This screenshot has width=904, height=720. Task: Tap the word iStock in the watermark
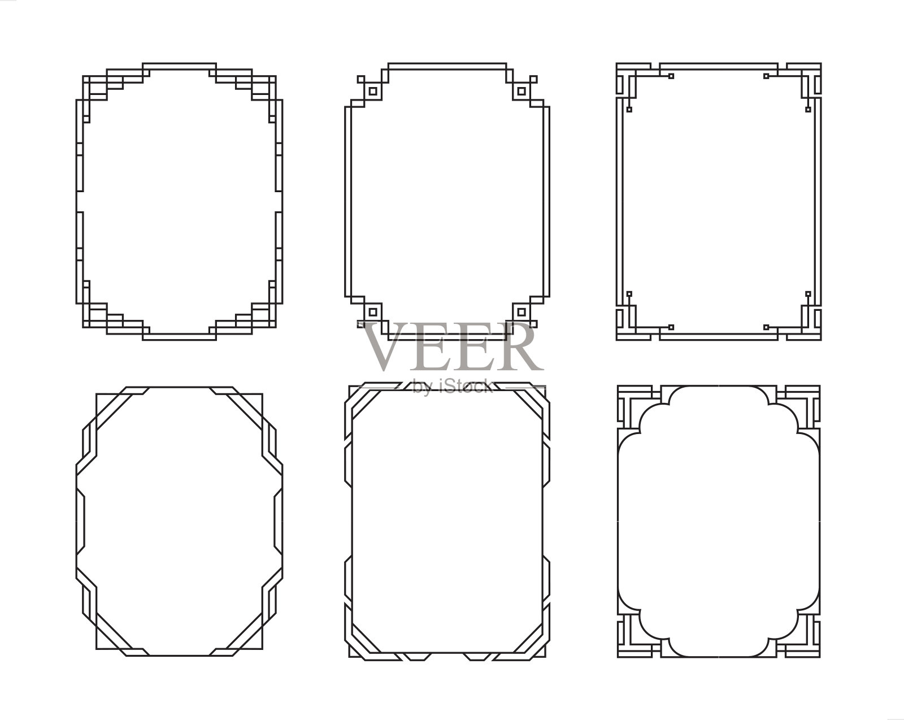coord(467,386)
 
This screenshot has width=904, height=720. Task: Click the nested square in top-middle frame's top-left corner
coord(372,91)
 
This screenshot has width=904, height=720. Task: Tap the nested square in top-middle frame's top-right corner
coord(521,91)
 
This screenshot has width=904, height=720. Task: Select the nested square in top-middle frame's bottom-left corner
coord(372,312)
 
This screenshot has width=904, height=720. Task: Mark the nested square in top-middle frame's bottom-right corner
coord(521,312)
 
